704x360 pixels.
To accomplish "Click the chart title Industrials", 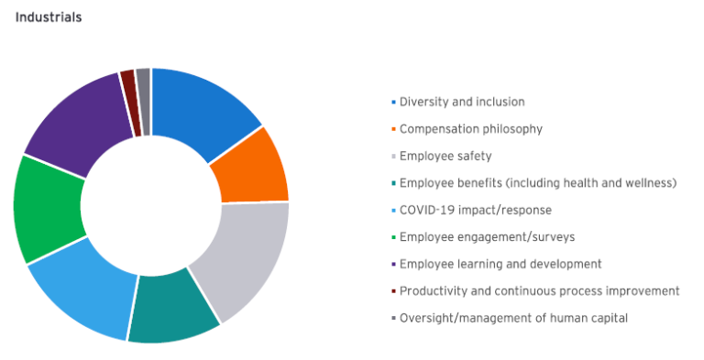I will coord(49,17).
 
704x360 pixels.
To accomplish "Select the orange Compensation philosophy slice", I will coord(253,167).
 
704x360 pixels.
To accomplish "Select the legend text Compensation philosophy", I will coord(471,129).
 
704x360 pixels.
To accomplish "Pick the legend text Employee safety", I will coord(445,157).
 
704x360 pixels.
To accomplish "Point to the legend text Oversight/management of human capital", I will coord(513,318).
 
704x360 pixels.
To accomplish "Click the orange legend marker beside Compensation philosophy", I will coord(394,130).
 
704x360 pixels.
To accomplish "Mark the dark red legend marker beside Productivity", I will coord(394,291).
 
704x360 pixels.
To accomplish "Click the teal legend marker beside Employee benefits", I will coord(394,184).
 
